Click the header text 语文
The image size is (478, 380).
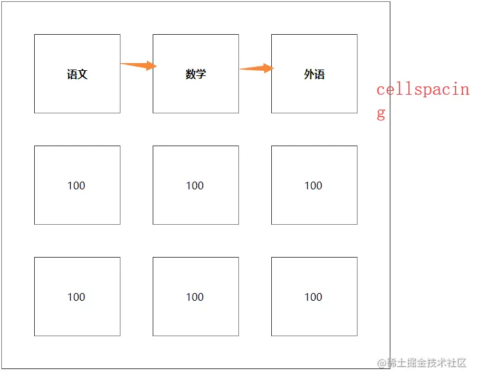(x=77, y=74)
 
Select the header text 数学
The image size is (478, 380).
(x=196, y=74)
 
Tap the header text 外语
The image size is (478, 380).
(x=314, y=74)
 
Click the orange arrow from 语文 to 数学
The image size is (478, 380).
(x=137, y=65)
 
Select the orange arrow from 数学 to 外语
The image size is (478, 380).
(x=256, y=68)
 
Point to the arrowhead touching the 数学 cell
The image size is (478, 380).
(x=151, y=65)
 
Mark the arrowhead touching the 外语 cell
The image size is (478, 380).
(x=269, y=68)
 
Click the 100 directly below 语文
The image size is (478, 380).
(x=77, y=185)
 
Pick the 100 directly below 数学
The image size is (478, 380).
(x=195, y=185)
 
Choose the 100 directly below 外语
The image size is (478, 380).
(x=314, y=185)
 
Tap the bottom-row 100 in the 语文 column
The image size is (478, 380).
(x=77, y=297)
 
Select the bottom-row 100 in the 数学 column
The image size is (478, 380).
(x=195, y=297)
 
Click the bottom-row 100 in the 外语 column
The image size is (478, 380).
(x=314, y=297)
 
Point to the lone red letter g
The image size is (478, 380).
(x=381, y=115)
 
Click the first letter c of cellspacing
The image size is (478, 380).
(x=381, y=90)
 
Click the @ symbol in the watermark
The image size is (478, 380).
(x=381, y=363)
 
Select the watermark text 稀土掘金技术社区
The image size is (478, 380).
(x=426, y=363)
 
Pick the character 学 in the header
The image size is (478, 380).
(x=201, y=74)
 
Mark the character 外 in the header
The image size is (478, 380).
(x=309, y=74)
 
